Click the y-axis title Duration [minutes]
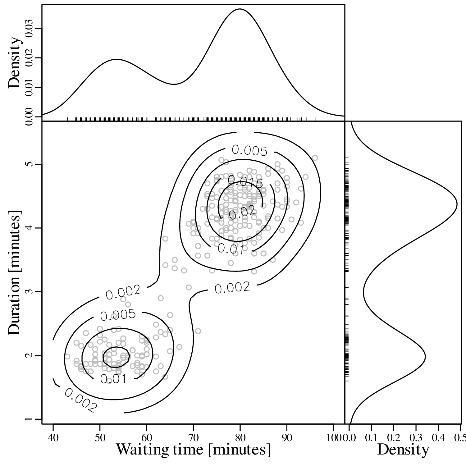[x=15, y=272]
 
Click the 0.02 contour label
[x=243, y=212]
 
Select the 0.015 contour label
[x=245, y=182]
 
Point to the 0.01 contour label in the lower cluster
[x=113, y=379]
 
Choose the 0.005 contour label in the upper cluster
[x=249, y=151]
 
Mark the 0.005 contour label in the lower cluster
[x=118, y=315]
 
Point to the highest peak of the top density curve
[x=240, y=9]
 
